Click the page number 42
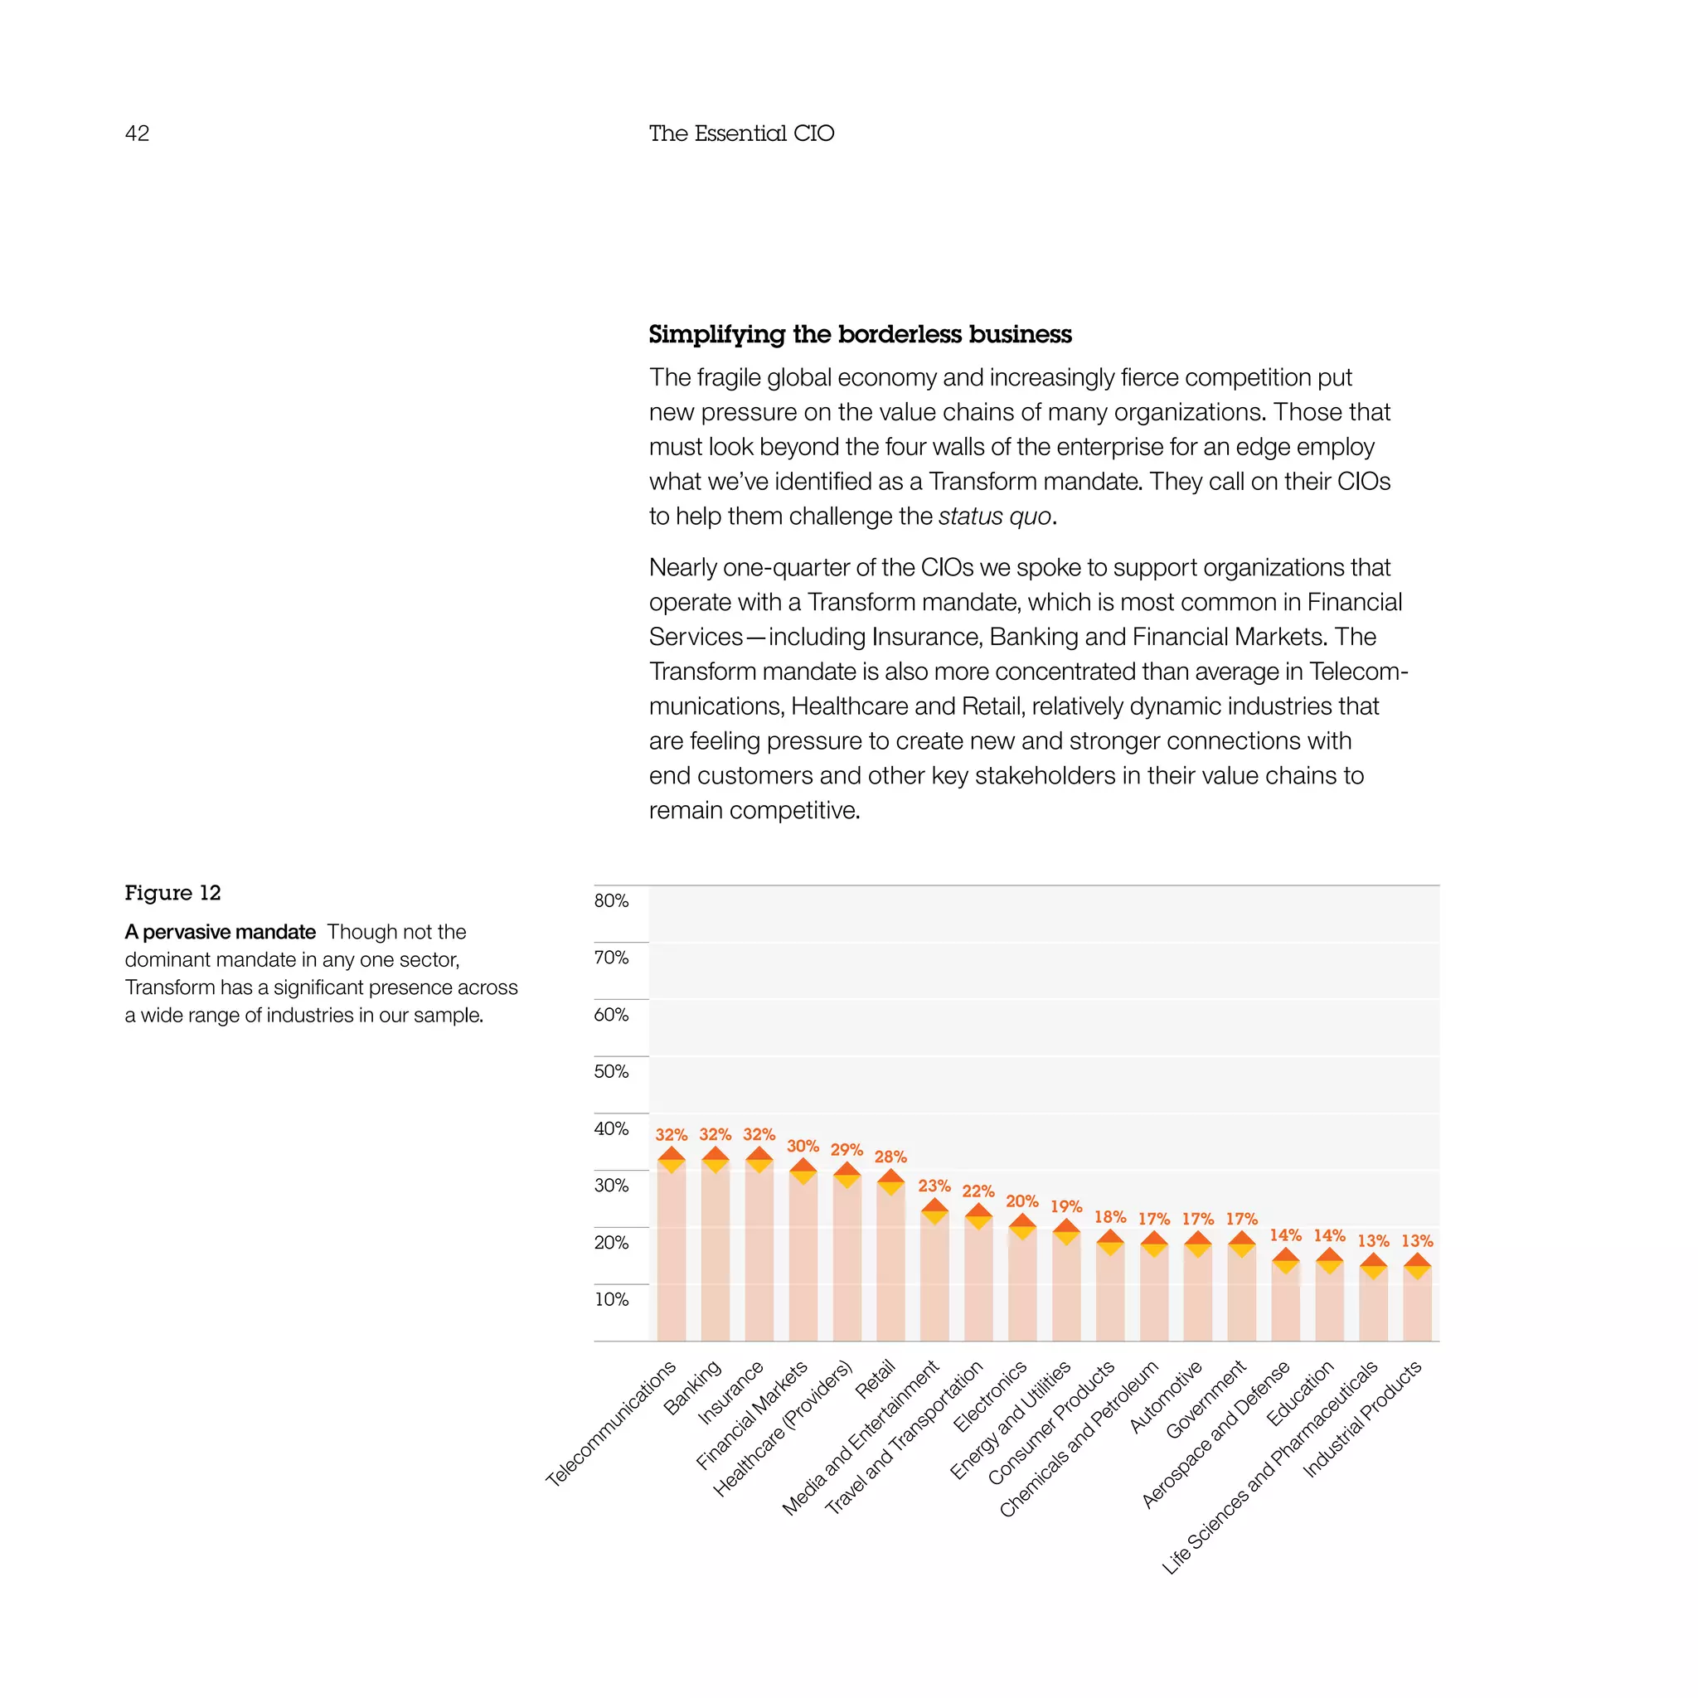(137, 133)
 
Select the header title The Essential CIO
(741, 133)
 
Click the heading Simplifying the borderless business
(860, 334)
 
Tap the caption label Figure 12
(172, 893)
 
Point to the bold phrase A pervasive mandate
(220, 932)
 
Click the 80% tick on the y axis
(611, 901)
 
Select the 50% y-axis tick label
(611, 1071)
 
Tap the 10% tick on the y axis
(611, 1299)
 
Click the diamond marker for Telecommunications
(672, 1160)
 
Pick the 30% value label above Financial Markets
(803, 1146)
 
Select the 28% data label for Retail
(890, 1157)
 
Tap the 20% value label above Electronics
(1022, 1201)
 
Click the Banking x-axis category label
(693, 1387)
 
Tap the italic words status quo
(995, 516)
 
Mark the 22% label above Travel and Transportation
(978, 1191)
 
